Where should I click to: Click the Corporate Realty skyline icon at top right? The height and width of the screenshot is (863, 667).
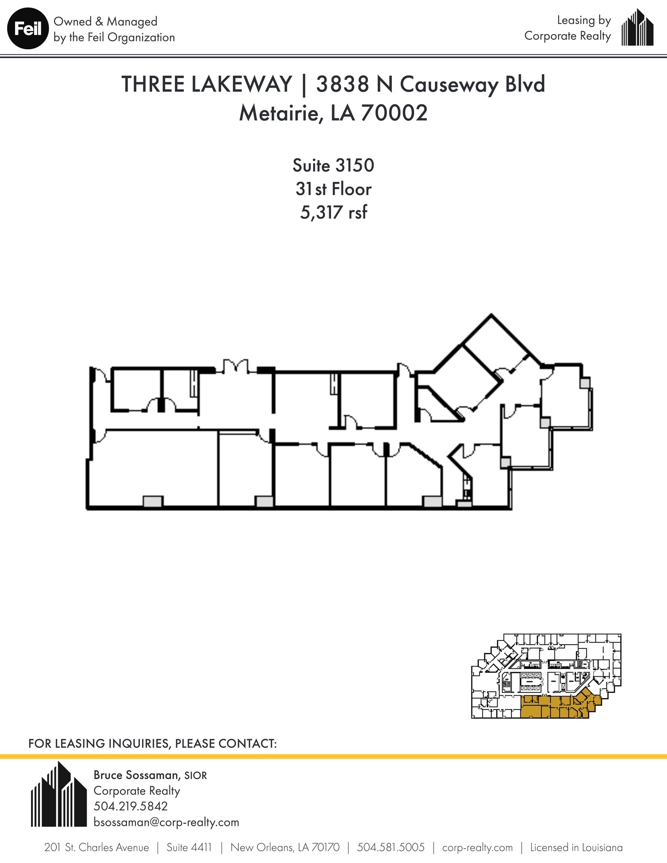[x=638, y=28]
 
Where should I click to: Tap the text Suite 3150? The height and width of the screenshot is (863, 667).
[x=333, y=166]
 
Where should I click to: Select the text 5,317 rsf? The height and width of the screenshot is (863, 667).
[x=333, y=212]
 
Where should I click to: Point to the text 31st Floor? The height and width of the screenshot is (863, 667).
[x=333, y=189]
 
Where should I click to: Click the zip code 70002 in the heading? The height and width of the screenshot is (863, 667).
[x=394, y=113]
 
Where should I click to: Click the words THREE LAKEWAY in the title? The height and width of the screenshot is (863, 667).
[x=206, y=84]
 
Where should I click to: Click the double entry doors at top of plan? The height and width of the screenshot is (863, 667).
[x=236, y=367]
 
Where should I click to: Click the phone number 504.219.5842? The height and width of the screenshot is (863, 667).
[x=131, y=806]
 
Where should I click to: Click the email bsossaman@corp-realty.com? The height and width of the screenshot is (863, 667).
[x=166, y=822]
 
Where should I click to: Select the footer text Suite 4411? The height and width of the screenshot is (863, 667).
[x=189, y=847]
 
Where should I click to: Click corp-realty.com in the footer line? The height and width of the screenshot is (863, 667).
[x=477, y=847]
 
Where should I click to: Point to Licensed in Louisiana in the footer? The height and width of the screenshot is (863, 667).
[x=576, y=847]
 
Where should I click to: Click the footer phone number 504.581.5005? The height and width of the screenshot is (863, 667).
[x=391, y=847]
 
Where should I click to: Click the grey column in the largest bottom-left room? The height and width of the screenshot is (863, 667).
[x=153, y=501]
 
